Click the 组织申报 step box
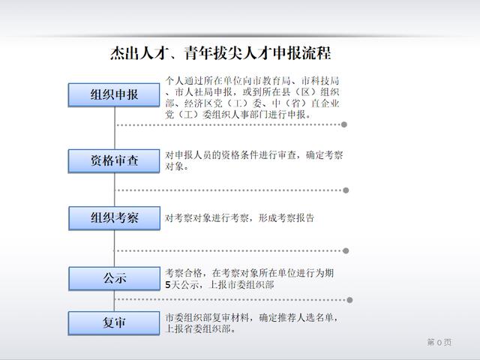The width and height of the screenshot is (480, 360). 114,95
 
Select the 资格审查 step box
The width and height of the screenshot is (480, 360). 114,160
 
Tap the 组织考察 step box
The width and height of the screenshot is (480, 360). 115,218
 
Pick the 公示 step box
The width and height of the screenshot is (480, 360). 115,278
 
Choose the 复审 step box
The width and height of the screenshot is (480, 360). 114,323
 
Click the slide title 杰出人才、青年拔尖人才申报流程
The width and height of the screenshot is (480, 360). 220,53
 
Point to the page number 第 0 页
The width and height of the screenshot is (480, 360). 439,342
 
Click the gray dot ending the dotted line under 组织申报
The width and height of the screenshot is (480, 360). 344,124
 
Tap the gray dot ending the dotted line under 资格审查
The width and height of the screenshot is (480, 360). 346,190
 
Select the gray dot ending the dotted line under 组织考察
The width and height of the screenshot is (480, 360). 346,250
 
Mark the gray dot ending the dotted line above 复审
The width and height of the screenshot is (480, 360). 349,300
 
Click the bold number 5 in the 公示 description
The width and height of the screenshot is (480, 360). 168,285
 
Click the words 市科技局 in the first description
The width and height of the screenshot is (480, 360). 320,81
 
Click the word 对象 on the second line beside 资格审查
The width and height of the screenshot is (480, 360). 175,166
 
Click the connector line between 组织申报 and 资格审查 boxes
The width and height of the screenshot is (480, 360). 115,128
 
